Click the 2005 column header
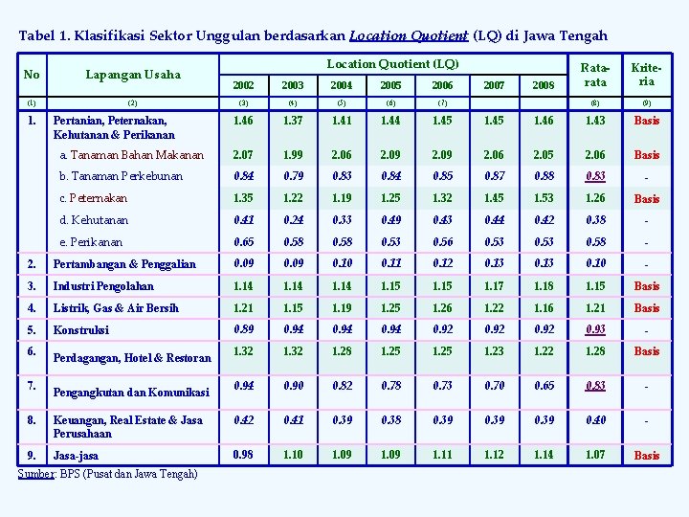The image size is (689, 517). pyautogui.click(x=389, y=86)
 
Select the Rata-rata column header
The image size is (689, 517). pyautogui.click(x=595, y=75)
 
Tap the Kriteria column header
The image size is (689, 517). pyautogui.click(x=647, y=75)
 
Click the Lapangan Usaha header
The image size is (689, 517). pyautogui.click(x=133, y=74)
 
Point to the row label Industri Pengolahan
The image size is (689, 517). pyautogui.click(x=103, y=286)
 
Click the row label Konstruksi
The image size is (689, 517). pyautogui.click(x=80, y=330)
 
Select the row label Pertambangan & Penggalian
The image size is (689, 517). pyautogui.click(x=124, y=264)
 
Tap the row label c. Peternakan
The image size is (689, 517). pyautogui.click(x=93, y=198)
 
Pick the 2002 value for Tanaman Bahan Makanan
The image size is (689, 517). pyautogui.click(x=244, y=154)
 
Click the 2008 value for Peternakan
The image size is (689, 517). pyautogui.click(x=544, y=198)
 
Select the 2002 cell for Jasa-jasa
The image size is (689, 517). pyautogui.click(x=244, y=454)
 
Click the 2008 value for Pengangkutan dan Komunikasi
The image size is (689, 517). pyautogui.click(x=544, y=385)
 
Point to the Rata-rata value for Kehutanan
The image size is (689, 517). pyautogui.click(x=595, y=220)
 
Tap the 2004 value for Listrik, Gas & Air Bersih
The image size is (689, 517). pyautogui.click(x=341, y=308)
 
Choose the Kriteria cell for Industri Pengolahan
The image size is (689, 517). pyautogui.click(x=647, y=286)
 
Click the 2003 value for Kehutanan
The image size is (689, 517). pyautogui.click(x=293, y=220)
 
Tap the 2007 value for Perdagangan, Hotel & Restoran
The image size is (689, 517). pyautogui.click(x=495, y=351)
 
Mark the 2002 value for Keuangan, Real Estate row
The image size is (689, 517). pyautogui.click(x=244, y=420)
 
